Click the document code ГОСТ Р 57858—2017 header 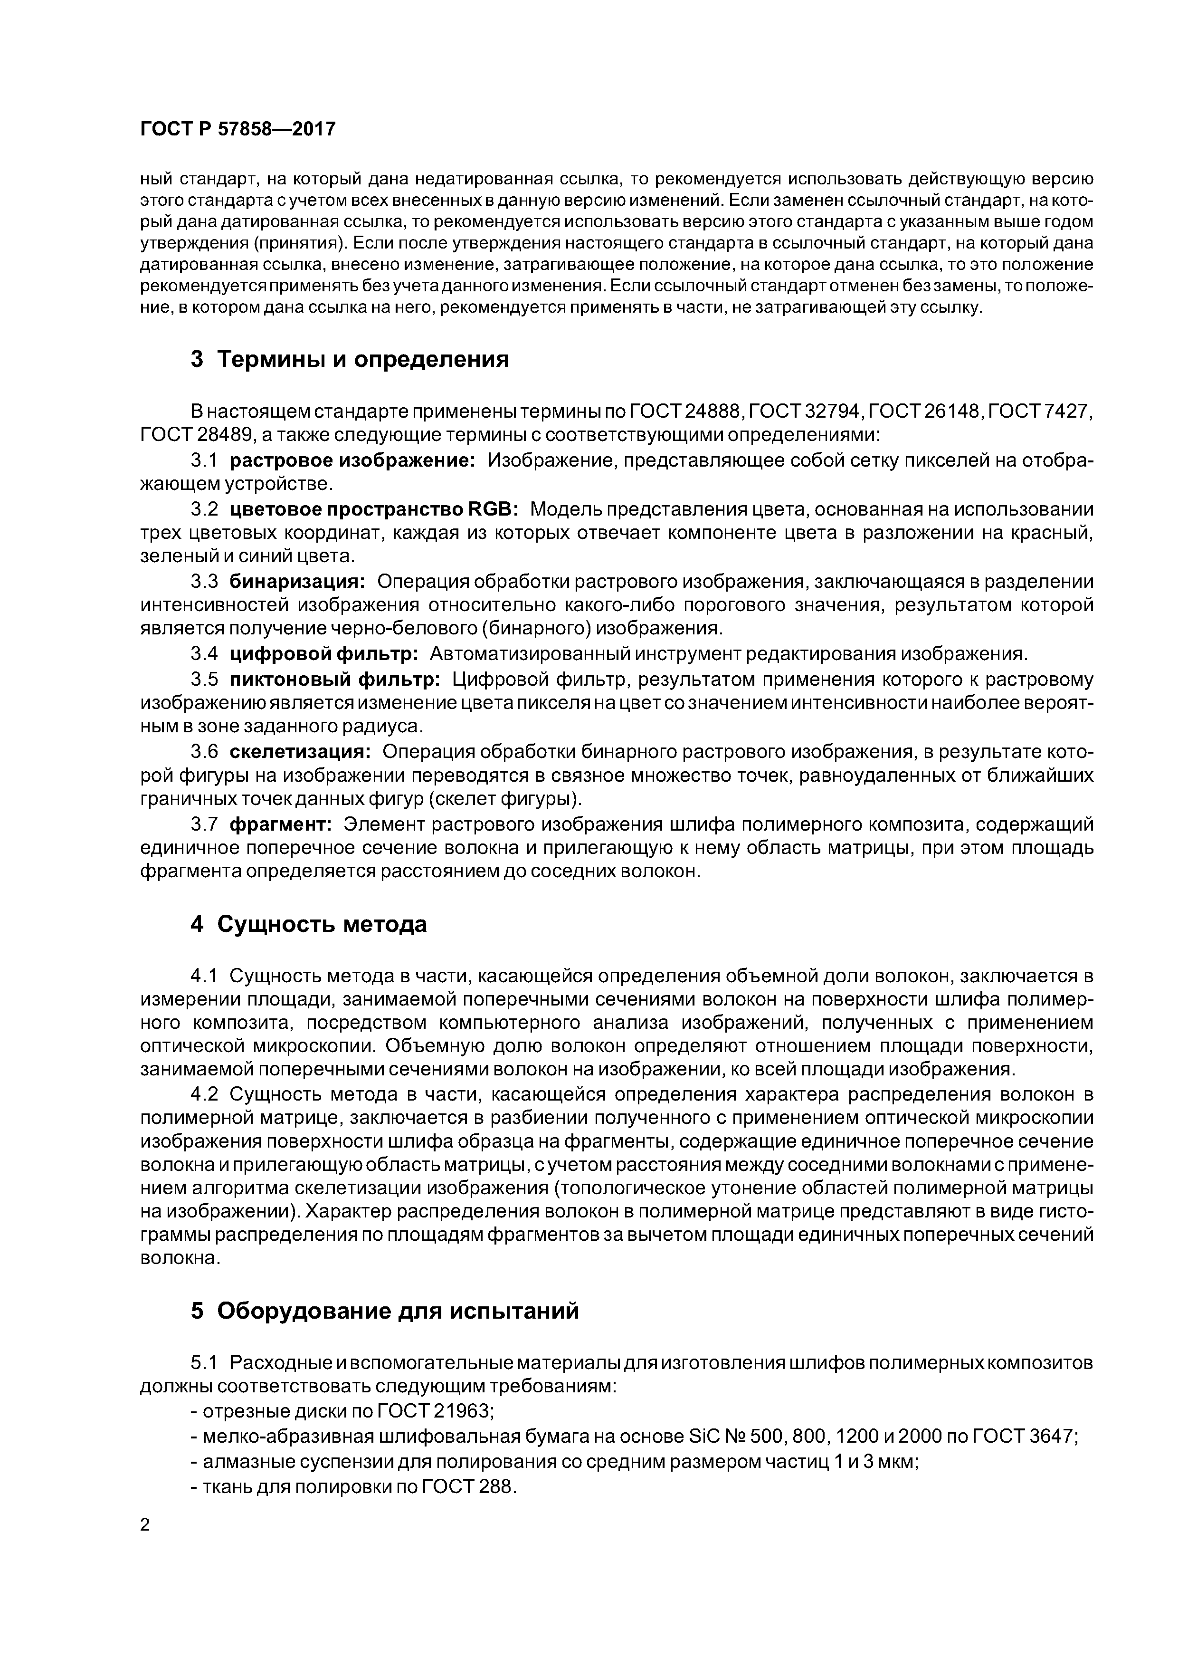tap(237, 129)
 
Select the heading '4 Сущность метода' tap(308, 924)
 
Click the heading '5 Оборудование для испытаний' tap(385, 1311)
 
